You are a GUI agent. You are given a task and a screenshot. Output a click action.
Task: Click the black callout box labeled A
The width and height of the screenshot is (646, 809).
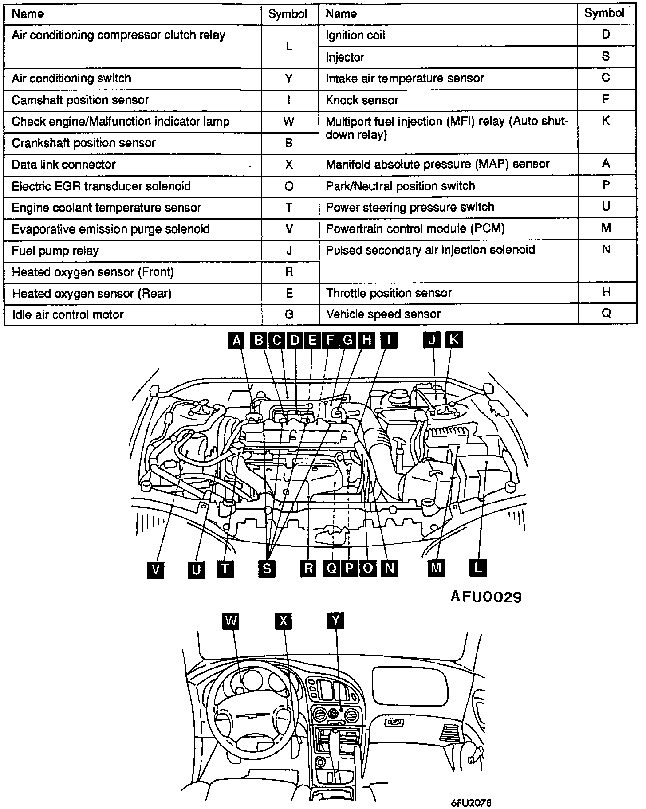[237, 340]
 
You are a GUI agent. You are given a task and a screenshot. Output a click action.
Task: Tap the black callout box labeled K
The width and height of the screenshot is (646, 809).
[453, 340]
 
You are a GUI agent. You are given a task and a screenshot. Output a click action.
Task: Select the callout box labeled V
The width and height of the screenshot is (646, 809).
[155, 569]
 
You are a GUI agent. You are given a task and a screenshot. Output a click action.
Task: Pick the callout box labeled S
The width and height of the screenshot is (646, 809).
[267, 569]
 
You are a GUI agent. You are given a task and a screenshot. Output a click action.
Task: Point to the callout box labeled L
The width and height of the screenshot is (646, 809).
[478, 568]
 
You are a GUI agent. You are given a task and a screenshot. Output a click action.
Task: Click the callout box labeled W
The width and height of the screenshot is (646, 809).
[231, 620]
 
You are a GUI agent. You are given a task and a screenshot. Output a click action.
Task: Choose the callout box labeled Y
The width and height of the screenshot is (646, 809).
[336, 620]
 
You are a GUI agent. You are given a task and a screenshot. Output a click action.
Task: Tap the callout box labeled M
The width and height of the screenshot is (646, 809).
[436, 568]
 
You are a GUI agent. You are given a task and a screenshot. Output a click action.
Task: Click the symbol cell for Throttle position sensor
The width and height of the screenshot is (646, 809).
[606, 293]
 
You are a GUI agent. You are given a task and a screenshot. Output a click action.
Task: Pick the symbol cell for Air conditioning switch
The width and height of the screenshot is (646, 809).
[289, 79]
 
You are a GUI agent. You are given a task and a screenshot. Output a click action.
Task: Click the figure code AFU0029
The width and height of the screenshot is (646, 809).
[486, 597]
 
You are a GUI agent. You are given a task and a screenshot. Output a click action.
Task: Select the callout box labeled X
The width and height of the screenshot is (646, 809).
[284, 621]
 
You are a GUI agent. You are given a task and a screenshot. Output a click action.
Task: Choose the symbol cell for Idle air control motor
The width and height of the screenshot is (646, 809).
[289, 315]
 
